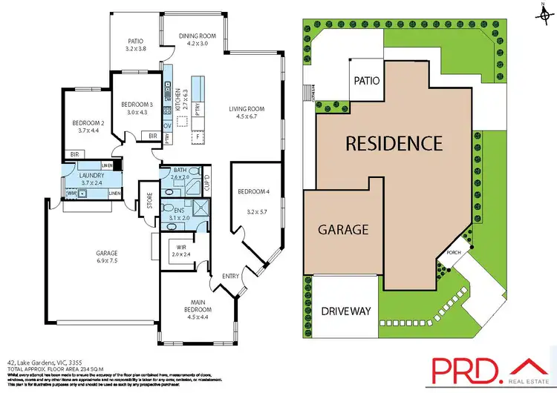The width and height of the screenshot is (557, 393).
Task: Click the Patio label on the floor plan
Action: tap(135, 42)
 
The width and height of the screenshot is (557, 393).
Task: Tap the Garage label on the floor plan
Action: tap(107, 252)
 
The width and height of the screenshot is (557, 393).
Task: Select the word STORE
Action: tap(149, 202)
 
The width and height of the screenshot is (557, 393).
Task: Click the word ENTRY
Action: tap(231, 277)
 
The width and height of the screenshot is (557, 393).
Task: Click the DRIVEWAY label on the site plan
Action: tap(345, 311)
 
